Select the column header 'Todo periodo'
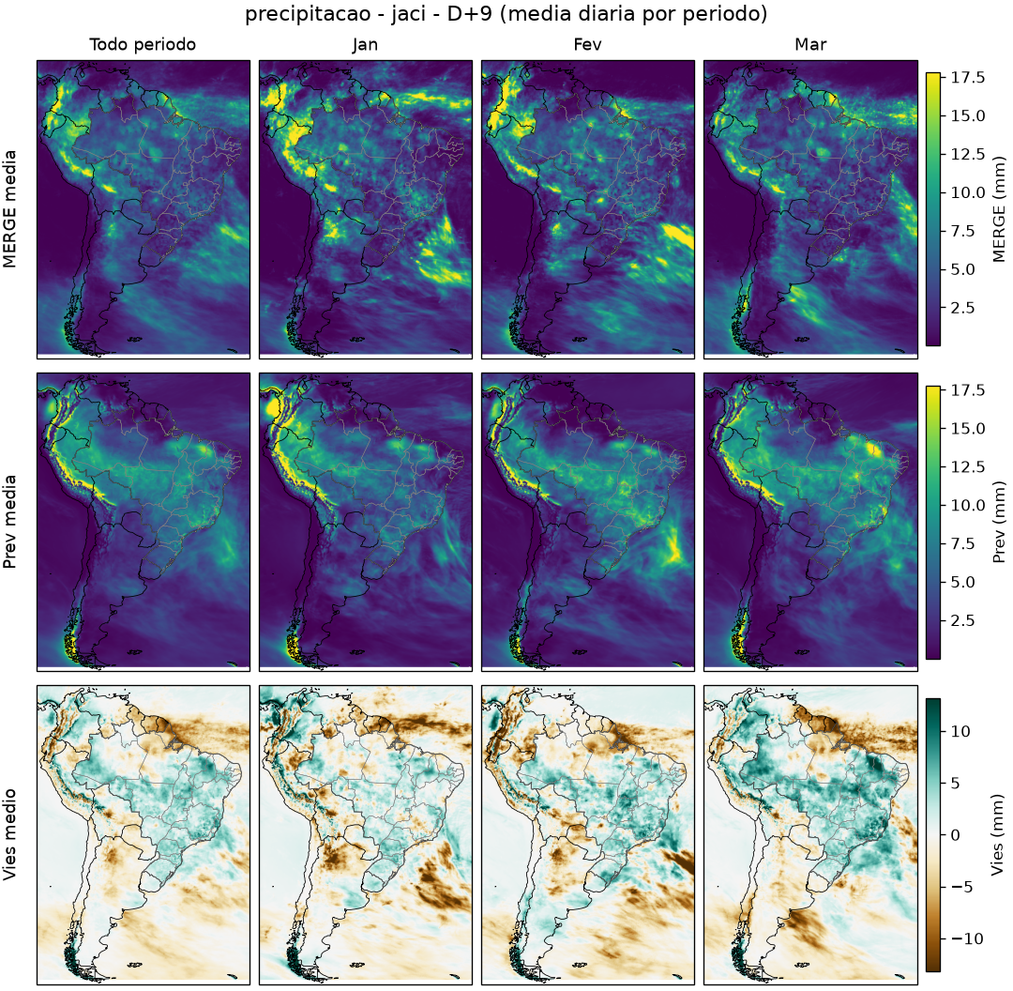click(x=143, y=45)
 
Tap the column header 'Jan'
click(x=365, y=45)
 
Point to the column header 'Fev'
click(x=587, y=45)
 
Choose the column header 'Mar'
click(x=810, y=45)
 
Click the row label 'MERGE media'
click(x=9, y=209)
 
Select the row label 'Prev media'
click(x=9, y=523)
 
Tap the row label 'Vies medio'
click(x=9, y=835)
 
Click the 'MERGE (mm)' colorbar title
click(x=999, y=209)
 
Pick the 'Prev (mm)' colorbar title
click(x=999, y=523)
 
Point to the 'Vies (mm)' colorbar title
click(x=999, y=835)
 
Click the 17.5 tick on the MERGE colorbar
click(x=967, y=78)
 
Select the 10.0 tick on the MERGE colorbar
click(x=967, y=192)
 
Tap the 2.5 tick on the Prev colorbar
click(x=962, y=620)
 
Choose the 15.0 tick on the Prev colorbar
click(x=967, y=429)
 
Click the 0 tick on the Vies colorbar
click(x=956, y=835)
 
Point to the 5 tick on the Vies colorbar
click(x=956, y=784)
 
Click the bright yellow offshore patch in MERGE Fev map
click(x=678, y=236)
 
